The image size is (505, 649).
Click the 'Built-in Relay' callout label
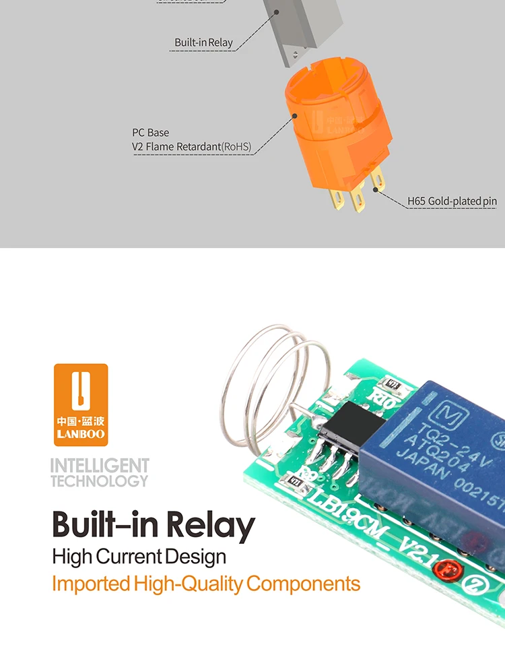coord(203,42)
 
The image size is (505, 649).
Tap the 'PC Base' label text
coord(150,133)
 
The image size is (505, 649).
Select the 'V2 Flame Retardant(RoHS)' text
coord(191,146)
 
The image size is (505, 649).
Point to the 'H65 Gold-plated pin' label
coord(452,201)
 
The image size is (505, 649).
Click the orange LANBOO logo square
coord(81,404)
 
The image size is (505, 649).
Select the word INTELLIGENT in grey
coord(100,466)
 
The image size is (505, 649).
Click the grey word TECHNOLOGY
coord(99,481)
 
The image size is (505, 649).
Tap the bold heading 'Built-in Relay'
coord(154,525)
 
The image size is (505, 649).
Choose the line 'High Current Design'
coord(139,557)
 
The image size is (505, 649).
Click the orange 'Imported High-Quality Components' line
coord(206,583)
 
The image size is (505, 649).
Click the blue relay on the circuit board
coord(438,458)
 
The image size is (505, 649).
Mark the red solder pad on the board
coord(461,570)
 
